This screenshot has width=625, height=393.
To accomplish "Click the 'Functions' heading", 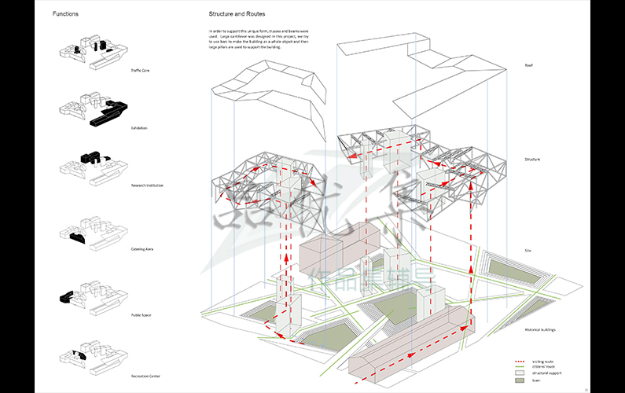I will pyautogui.click(x=65, y=14).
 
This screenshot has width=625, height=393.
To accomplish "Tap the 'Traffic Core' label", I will pyautogui.click(x=140, y=71).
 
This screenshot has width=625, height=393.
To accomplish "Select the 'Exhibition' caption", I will pyautogui.click(x=139, y=127).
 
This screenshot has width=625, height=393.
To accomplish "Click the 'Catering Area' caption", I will pyautogui.click(x=142, y=248).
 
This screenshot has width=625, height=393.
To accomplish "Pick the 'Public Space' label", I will pyautogui.click(x=141, y=315).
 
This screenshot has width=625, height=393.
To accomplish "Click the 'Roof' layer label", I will pyautogui.click(x=528, y=65).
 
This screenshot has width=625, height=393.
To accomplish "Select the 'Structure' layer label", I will pyautogui.click(x=532, y=160).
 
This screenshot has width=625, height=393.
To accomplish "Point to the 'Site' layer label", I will pyautogui.click(x=528, y=251).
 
